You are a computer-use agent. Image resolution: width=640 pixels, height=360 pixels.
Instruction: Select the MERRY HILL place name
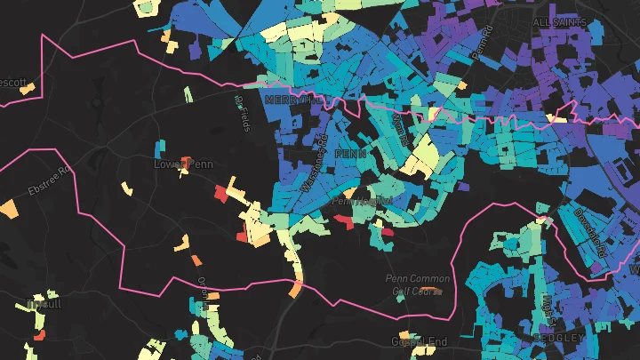294,100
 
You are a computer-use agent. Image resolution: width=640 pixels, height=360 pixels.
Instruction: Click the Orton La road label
203,287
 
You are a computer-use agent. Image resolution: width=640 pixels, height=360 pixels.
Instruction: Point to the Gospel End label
417,341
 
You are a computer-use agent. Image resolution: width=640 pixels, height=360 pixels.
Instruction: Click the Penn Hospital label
360,202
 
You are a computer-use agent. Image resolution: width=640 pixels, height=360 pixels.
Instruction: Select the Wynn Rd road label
399,133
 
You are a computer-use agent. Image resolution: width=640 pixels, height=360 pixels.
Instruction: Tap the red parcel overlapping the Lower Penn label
186,163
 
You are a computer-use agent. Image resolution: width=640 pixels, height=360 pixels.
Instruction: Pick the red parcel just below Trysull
40,332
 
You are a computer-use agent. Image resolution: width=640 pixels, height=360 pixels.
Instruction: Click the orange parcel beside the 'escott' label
29,88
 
